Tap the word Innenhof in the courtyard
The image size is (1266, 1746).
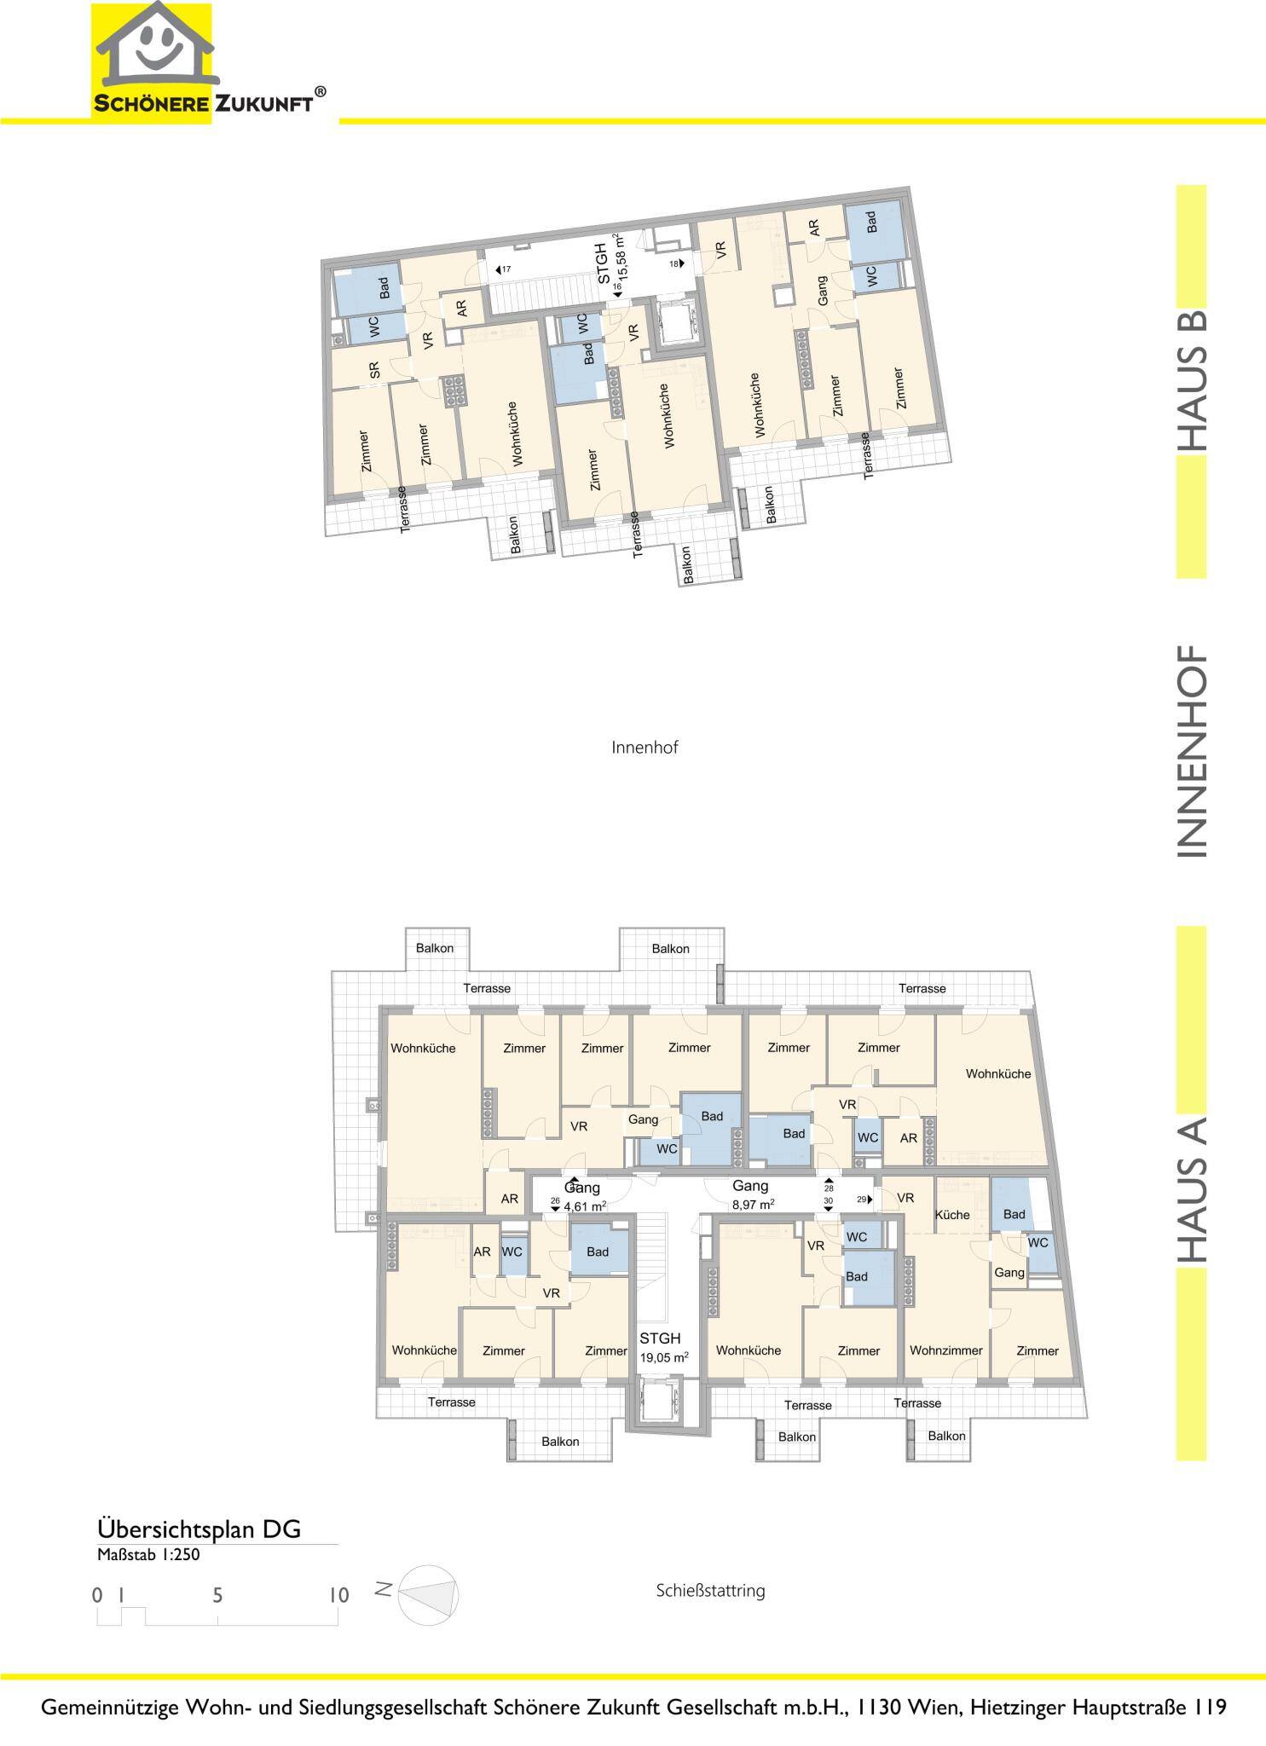tap(645, 748)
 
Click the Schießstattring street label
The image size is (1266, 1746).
tap(711, 1590)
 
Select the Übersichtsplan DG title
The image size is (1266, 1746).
tap(199, 1528)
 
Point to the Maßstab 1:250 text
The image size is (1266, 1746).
tap(148, 1553)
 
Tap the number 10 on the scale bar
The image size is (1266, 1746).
tap(338, 1594)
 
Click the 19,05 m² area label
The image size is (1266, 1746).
tap(664, 1357)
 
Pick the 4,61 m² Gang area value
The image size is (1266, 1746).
tap(585, 1205)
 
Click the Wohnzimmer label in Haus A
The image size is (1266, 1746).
tap(945, 1350)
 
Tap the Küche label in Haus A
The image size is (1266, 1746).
tap(952, 1215)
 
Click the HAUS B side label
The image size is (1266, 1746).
tap(1192, 379)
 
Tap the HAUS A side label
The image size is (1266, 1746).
tap(1192, 1188)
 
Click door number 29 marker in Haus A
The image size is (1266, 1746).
tap(864, 1200)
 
